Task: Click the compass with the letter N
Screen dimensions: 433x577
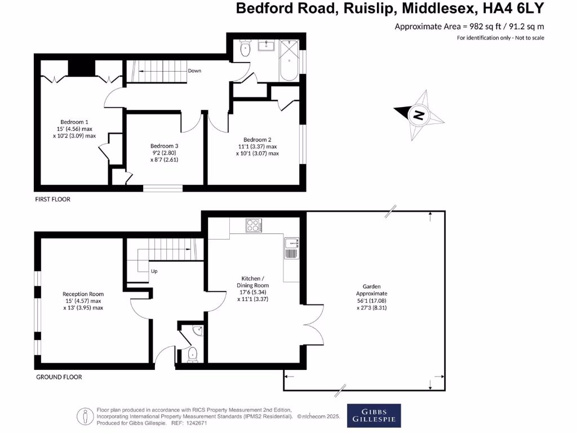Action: [x=419, y=115]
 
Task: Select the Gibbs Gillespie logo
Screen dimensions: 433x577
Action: [x=374, y=416]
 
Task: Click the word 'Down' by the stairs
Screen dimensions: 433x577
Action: [x=194, y=71]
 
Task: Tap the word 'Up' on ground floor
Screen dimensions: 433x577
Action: [x=154, y=271]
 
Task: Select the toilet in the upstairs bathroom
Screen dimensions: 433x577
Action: [x=245, y=49]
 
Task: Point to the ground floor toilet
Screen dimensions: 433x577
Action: [x=192, y=354]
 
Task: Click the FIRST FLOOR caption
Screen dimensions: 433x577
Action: [x=52, y=200]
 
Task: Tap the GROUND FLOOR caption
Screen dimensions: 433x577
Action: [x=59, y=377]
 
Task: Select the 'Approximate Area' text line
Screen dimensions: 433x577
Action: [x=469, y=26]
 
